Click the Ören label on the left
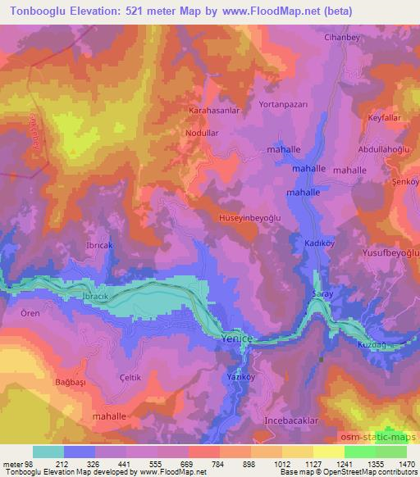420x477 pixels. pos(18,313)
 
